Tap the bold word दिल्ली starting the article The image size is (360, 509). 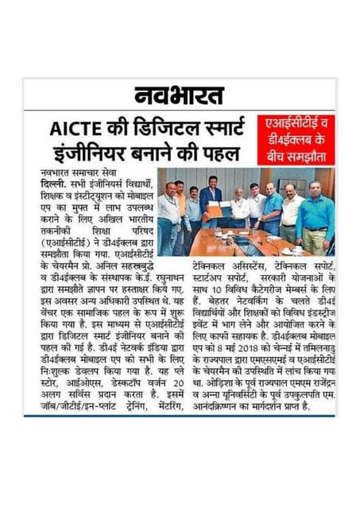tap(50, 181)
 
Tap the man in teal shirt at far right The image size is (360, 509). tap(317, 219)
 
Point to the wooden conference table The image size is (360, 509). tap(238, 243)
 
